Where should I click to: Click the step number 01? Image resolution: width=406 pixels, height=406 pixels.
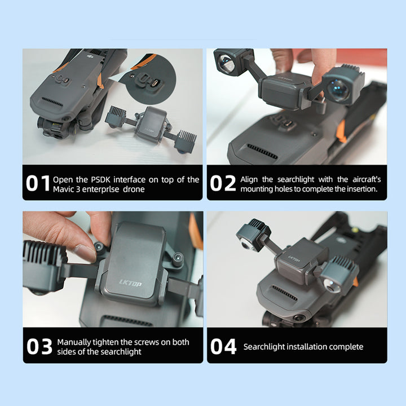pos(38,183)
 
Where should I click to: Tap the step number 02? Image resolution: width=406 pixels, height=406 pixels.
pos(223,183)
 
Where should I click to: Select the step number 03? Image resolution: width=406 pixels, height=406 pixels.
pos(39,346)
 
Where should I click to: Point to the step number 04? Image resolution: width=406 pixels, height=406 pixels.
pos(223,346)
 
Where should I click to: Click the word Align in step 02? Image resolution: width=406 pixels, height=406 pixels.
pos(249,180)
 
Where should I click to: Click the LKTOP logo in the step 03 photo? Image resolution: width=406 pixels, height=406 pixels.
pos(130,283)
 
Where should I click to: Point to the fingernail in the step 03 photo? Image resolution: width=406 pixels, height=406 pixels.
pos(84,253)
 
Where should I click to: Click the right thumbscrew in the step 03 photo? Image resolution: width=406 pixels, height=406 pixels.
pos(178,259)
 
